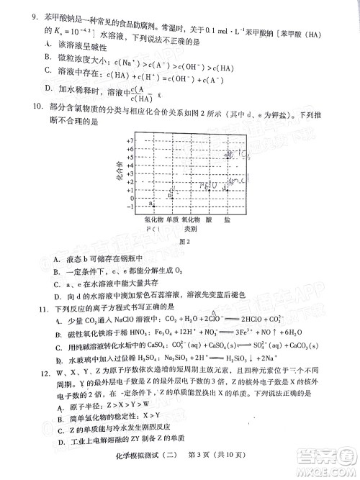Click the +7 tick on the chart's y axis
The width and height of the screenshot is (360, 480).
130,141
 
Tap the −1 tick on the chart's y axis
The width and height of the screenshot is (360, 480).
130,207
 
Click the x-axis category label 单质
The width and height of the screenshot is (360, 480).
172,217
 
